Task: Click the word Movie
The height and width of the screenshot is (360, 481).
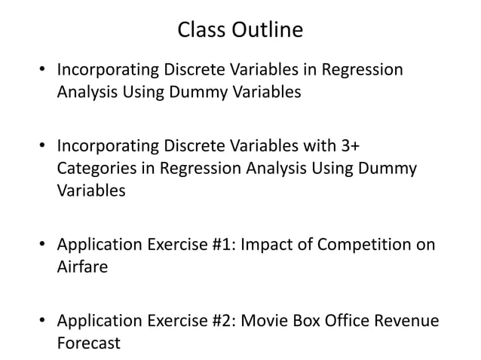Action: pos(264,320)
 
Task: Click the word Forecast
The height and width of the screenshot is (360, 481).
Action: pos(89,343)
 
